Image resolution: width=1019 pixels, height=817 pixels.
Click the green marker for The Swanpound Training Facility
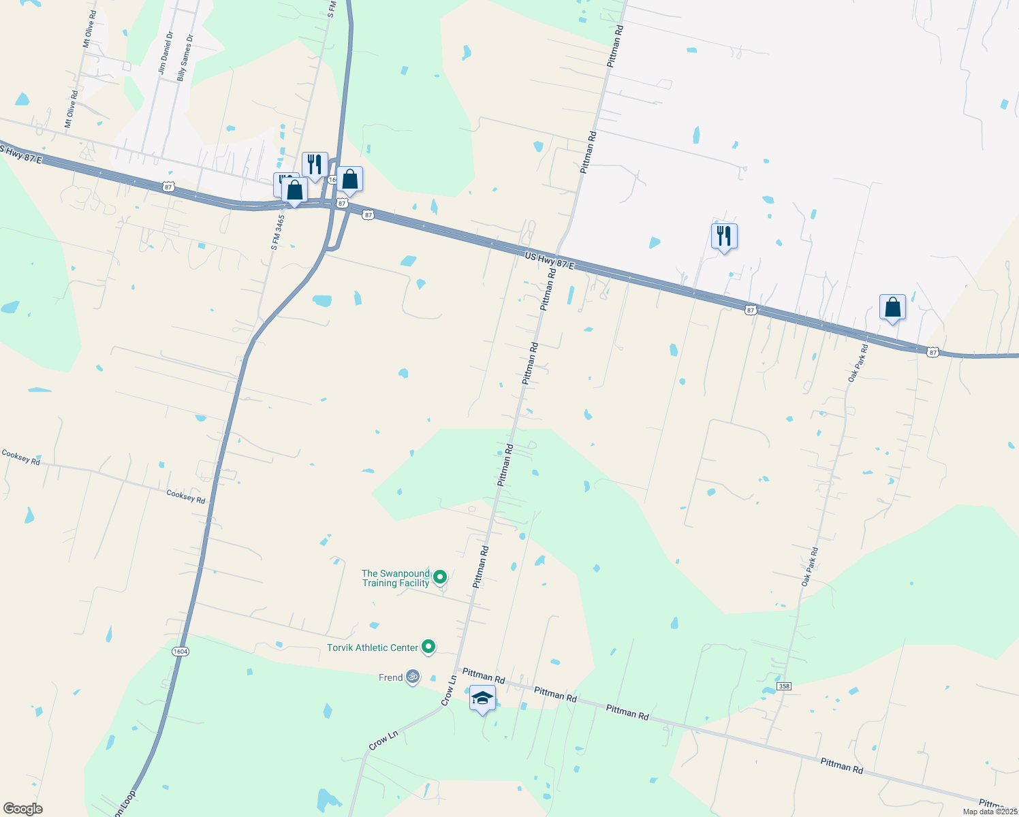440,577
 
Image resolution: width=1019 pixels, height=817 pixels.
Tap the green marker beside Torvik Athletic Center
428,647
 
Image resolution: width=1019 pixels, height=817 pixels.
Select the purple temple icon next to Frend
412,677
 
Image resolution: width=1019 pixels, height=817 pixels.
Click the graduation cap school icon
482,699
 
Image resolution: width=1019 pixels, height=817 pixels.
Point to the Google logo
22,809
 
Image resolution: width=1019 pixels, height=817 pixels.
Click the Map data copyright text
990,812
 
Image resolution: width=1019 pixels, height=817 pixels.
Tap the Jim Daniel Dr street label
166,52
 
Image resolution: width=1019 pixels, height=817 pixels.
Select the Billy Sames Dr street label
185,58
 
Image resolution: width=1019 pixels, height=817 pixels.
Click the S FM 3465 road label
277,223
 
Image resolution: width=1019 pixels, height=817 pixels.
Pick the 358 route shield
784,686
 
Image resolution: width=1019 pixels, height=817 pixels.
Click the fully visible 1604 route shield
180,652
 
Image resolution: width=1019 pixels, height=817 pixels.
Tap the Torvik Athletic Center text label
372,647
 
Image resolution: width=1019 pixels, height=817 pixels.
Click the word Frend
390,677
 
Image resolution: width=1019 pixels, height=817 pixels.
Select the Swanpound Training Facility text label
396,578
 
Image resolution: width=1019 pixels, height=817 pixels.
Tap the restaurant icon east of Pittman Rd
724,236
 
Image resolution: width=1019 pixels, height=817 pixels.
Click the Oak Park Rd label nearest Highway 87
858,363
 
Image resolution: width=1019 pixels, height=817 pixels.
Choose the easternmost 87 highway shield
932,352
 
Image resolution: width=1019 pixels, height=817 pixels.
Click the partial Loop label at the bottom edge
125,804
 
